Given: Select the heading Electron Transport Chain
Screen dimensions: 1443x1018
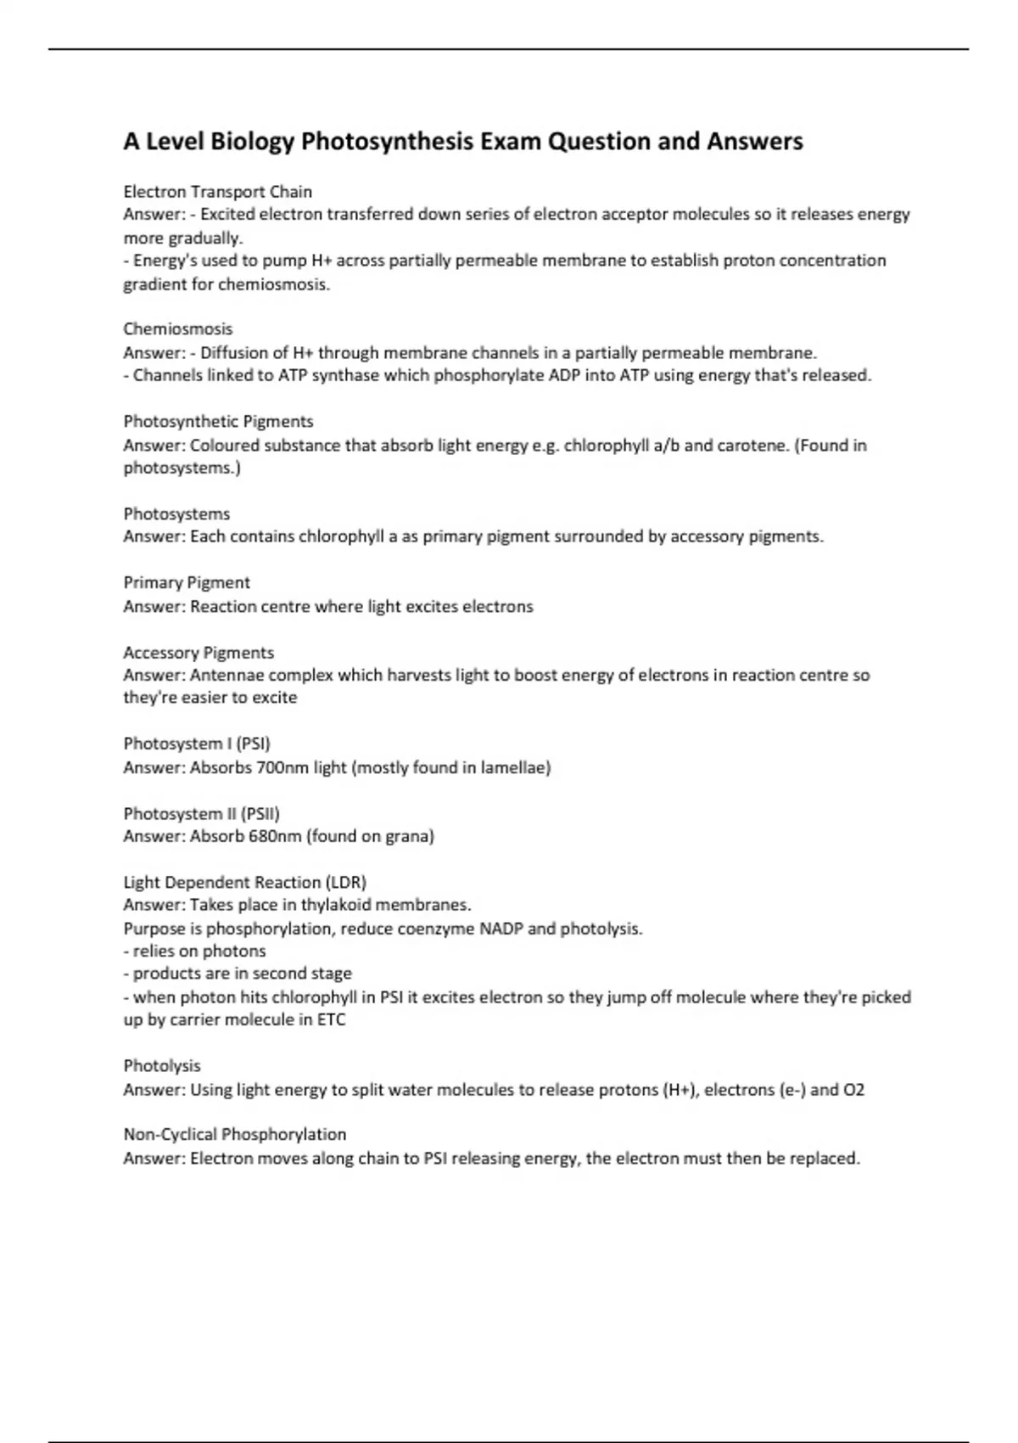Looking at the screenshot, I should point(218,192).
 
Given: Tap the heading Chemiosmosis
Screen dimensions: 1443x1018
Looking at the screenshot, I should point(178,329).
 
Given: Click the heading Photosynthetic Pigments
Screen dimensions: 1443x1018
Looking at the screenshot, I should point(218,422).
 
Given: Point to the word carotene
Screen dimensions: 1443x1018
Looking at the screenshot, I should point(752,446).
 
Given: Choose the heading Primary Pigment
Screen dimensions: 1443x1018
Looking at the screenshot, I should point(187,583).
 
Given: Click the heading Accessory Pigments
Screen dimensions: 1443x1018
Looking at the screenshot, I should point(199,653).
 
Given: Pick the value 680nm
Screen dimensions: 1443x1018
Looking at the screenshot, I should point(275,837).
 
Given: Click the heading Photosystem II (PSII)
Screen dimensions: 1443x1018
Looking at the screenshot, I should point(201,814).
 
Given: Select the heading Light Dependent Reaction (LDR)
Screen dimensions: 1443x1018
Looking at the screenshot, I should point(244,883).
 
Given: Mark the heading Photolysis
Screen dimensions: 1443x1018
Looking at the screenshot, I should point(162,1066).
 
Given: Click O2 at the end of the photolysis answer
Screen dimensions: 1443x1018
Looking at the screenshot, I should point(853,1090).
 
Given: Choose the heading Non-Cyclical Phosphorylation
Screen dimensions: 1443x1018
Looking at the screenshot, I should point(234,1135).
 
